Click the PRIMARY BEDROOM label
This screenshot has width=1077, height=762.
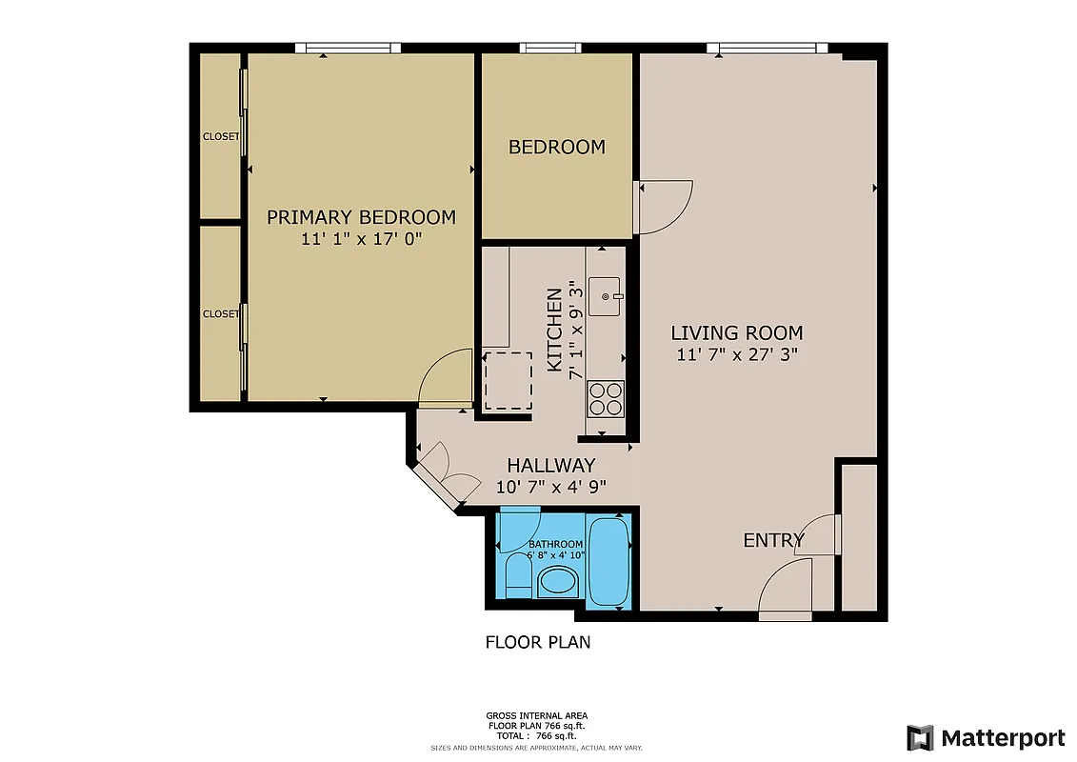pos(361,217)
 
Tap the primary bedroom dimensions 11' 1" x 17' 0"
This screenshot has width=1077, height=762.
pos(361,239)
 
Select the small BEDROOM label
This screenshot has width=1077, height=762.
pos(556,147)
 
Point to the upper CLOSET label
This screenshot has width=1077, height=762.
pos(221,136)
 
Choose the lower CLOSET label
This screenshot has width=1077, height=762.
pos(221,313)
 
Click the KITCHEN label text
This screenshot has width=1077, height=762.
pos(553,330)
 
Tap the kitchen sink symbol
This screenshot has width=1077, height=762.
pos(606,297)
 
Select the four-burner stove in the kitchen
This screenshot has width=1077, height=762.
pos(606,398)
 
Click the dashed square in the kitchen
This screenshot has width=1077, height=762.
pos(508,381)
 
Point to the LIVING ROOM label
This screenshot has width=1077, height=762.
pos(736,332)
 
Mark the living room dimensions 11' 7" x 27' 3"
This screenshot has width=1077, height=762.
pos(736,354)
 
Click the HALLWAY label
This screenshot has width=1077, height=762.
pos(550,465)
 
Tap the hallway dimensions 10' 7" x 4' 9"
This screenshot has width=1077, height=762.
pos(550,486)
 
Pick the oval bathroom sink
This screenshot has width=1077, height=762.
pos(558,581)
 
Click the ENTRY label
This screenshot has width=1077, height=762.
pos(773,540)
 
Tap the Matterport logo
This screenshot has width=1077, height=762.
pos(986,737)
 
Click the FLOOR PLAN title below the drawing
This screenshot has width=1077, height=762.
pos(538,642)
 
